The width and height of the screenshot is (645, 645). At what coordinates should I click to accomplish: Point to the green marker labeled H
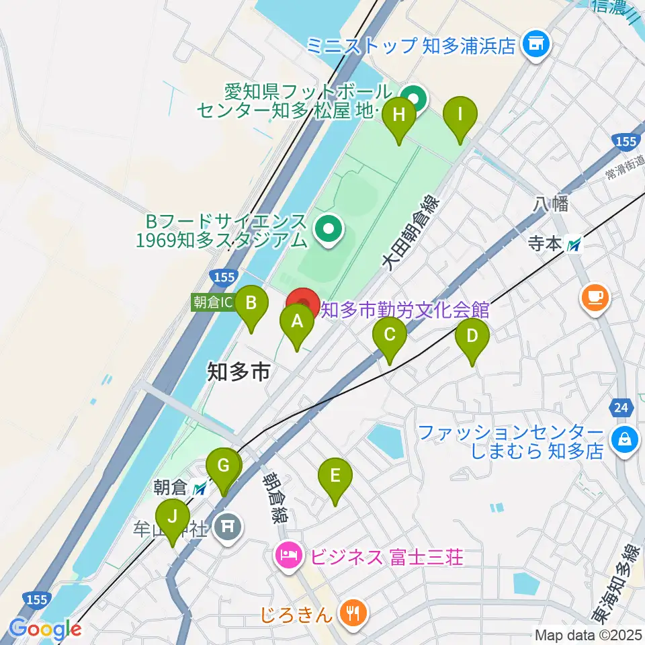point(399,115)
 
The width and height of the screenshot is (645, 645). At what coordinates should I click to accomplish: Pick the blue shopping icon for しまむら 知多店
point(625,441)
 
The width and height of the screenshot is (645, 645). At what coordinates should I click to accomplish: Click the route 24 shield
point(621,406)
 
